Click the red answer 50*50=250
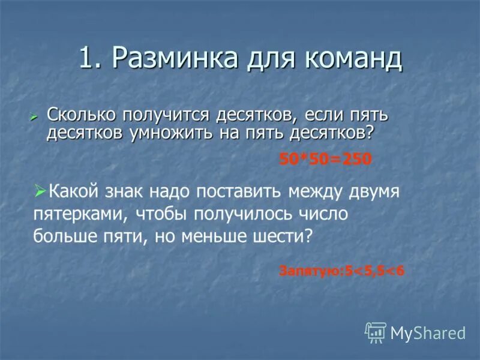click(326, 159)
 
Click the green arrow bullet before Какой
click(40, 191)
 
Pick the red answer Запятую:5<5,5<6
click(342, 271)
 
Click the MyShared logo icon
click(376, 332)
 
